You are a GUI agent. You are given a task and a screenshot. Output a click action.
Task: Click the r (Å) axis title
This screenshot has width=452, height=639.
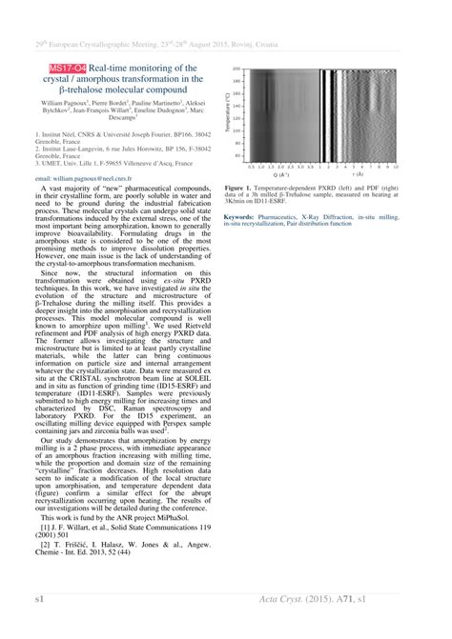(x=358, y=175)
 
